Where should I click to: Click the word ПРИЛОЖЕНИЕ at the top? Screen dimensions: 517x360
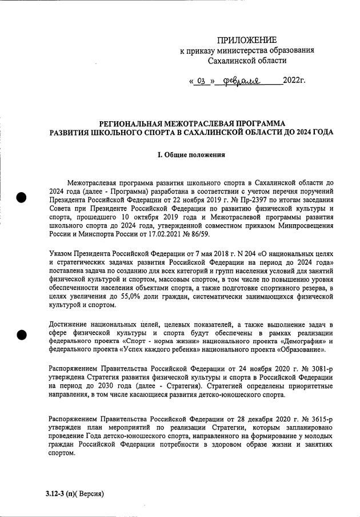pyautogui.click(x=246, y=39)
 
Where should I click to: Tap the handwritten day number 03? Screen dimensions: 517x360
pyautogui.click(x=200, y=81)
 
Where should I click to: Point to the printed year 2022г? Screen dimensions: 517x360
pyautogui.click(x=294, y=79)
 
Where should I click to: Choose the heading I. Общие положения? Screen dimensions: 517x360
pyautogui.click(x=191, y=154)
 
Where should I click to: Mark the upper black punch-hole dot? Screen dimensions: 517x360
pyautogui.click(x=21, y=197)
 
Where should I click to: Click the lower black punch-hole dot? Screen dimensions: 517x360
pyautogui.click(x=21, y=335)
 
